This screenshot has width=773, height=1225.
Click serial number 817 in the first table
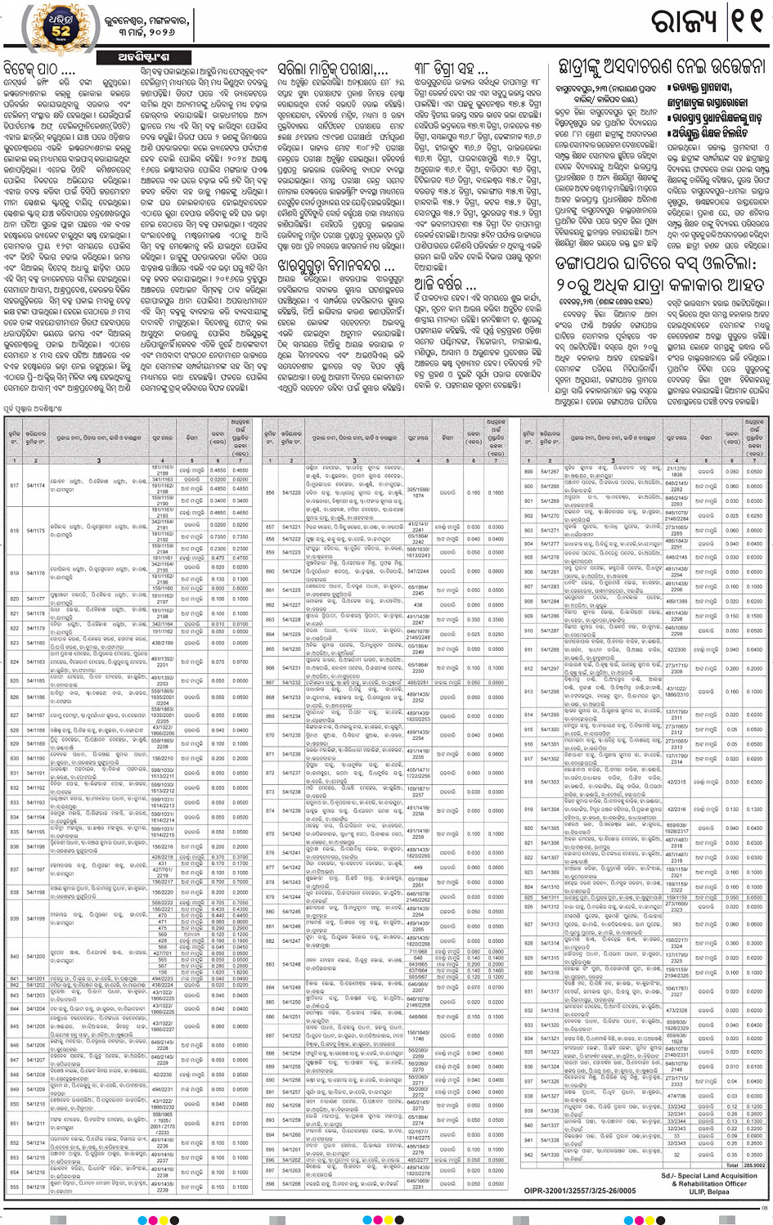pos(14,485)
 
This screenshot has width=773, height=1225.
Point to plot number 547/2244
pos(417,572)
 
